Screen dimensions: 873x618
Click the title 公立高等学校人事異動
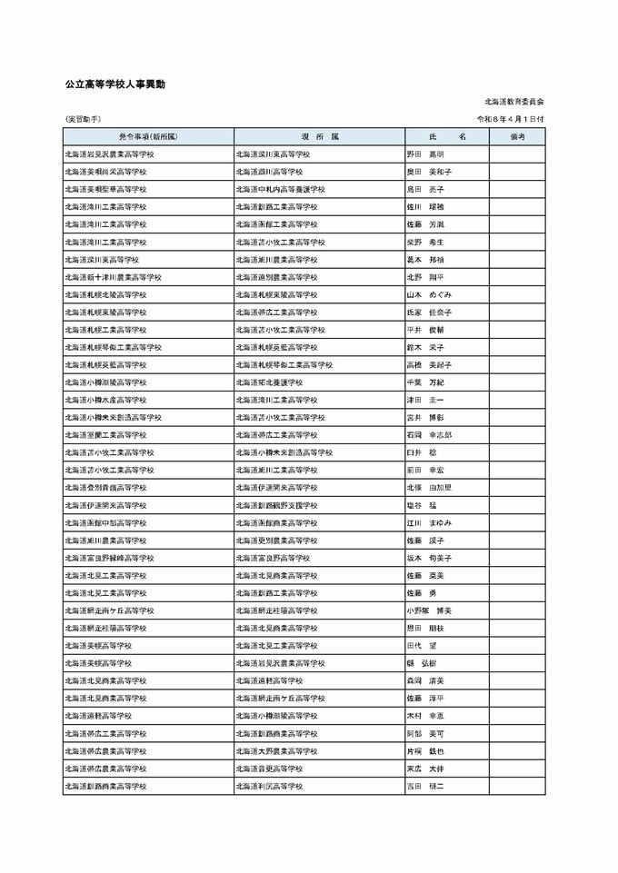point(115,84)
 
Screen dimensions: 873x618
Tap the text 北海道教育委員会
point(514,103)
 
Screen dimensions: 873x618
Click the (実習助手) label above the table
point(83,119)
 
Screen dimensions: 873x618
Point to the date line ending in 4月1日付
point(511,119)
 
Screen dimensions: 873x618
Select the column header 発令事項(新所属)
point(148,136)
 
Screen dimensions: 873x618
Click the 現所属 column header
point(319,136)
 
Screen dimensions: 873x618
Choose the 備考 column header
point(516,136)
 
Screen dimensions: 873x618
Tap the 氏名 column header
point(446,136)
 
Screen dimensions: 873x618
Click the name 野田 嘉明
point(425,154)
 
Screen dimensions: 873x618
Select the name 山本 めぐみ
point(429,294)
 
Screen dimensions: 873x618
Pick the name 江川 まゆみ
point(429,522)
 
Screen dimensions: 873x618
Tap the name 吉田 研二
point(425,786)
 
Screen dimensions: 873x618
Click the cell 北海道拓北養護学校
point(273,382)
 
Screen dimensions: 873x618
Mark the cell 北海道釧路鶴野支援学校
point(276,505)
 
